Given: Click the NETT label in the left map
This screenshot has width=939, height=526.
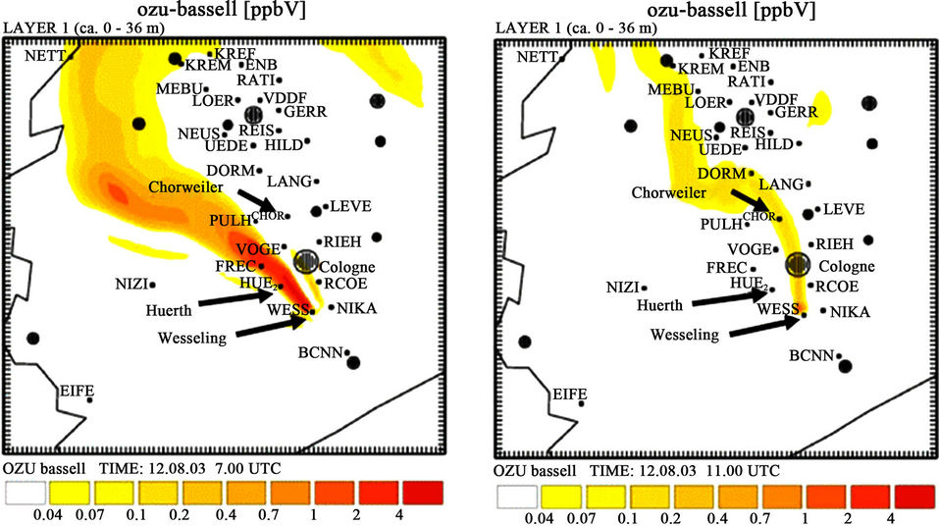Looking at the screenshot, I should [45, 56].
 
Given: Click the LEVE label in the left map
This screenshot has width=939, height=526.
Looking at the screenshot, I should [349, 206].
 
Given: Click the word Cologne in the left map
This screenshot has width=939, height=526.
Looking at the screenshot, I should [348, 267].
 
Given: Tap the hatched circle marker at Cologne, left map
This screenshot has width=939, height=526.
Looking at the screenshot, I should [306, 260].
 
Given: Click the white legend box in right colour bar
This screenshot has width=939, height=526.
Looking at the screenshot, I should [518, 498].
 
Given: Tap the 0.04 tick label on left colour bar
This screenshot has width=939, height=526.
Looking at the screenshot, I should [46, 514].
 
